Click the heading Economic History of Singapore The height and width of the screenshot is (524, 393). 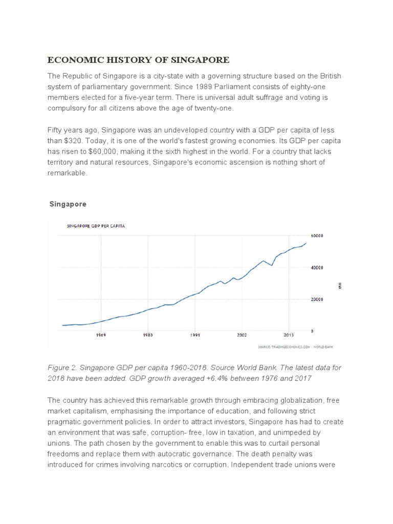(x=139, y=60)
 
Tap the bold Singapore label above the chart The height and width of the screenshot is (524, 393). (x=68, y=204)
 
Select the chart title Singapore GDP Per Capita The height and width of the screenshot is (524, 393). (x=97, y=225)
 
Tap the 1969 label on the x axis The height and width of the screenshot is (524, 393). (x=101, y=336)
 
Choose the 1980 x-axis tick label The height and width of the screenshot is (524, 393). (x=148, y=336)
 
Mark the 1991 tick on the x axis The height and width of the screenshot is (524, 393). (x=194, y=336)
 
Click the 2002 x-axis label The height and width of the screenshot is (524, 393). (x=242, y=336)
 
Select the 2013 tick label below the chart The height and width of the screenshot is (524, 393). (x=288, y=336)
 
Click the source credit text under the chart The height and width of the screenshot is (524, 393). (x=298, y=348)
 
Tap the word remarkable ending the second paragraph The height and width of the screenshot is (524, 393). (x=68, y=173)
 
